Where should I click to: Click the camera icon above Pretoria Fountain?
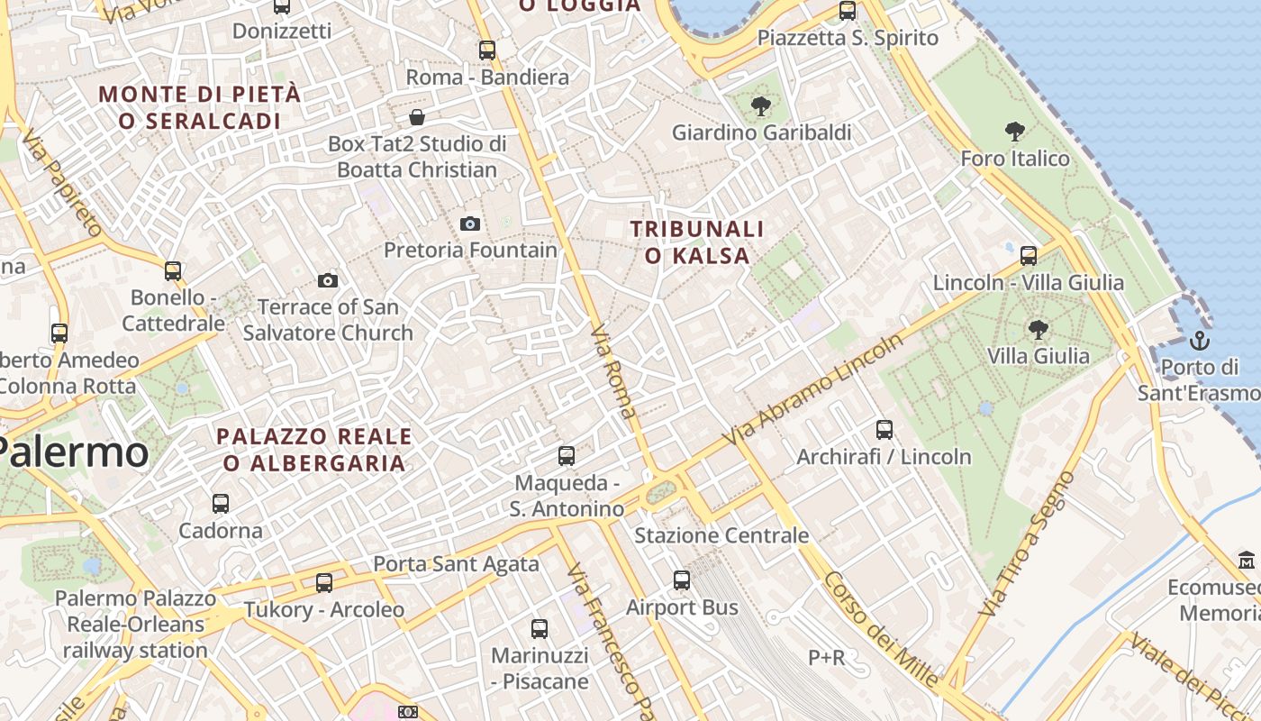pyautogui.click(x=469, y=224)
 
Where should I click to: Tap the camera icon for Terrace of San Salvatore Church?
pyautogui.click(x=328, y=281)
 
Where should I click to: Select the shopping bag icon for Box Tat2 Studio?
pyautogui.click(x=417, y=117)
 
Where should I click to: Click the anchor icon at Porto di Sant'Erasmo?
pyautogui.click(x=1199, y=341)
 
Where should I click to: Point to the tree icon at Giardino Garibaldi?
pyautogui.click(x=761, y=106)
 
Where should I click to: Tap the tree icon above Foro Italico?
pyautogui.click(x=1015, y=132)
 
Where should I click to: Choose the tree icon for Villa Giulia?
pyautogui.click(x=1039, y=329)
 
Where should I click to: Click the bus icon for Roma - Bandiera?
pyautogui.click(x=487, y=50)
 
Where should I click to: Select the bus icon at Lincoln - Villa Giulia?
pyautogui.click(x=1029, y=256)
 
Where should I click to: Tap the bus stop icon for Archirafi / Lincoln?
pyautogui.click(x=885, y=430)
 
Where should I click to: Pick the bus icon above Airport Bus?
pyautogui.click(x=682, y=580)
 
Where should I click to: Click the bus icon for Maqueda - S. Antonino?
pyautogui.click(x=567, y=456)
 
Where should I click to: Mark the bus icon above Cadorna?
pyautogui.click(x=221, y=503)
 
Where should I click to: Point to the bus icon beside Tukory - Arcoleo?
pyautogui.click(x=324, y=583)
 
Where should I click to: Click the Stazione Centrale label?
pyautogui.click(x=721, y=535)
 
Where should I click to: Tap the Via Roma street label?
pyautogui.click(x=614, y=372)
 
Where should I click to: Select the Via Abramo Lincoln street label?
pyautogui.click(x=812, y=389)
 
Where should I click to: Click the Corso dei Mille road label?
pyautogui.click(x=880, y=629)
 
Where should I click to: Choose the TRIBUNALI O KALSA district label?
pyautogui.click(x=697, y=242)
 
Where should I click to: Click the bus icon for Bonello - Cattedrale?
pyautogui.click(x=173, y=270)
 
